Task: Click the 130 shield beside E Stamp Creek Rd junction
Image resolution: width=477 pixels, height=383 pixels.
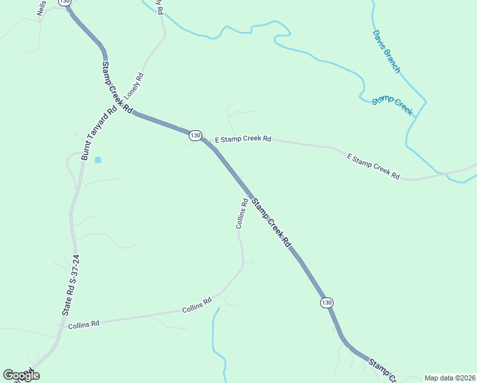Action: click(x=195, y=135)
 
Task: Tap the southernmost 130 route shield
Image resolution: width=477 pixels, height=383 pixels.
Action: click(x=327, y=302)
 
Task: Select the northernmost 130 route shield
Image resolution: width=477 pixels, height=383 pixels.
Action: click(x=64, y=3)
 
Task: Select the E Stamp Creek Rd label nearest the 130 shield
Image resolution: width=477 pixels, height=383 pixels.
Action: click(x=243, y=139)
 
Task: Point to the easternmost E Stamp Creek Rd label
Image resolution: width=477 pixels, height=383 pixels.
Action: click(x=373, y=166)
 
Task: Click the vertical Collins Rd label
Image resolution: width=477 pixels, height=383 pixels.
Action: click(x=242, y=214)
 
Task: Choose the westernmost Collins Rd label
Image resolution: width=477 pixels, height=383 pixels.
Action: click(x=84, y=324)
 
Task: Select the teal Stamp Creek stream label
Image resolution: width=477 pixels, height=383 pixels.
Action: click(x=393, y=105)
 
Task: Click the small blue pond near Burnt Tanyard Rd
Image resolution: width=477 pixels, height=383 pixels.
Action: click(x=98, y=160)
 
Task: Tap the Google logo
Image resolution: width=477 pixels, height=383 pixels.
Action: click(x=22, y=375)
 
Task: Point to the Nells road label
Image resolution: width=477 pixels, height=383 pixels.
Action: click(x=42, y=8)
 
